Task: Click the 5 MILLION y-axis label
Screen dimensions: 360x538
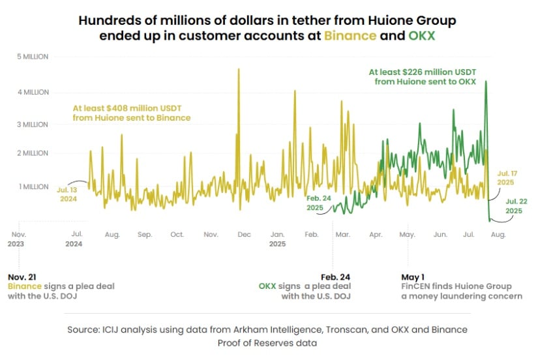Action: pyautogui.click(x=33, y=57)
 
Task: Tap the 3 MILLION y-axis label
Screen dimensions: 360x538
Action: pyautogui.click(x=33, y=124)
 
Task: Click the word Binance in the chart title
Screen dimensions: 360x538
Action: pyautogui.click(x=350, y=35)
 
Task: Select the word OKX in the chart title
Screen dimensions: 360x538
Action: pyautogui.click(x=422, y=35)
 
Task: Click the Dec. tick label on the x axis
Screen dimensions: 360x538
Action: pyautogui.click(x=245, y=233)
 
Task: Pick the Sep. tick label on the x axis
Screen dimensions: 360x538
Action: pyautogui.click(x=145, y=233)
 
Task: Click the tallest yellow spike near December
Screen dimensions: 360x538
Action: pyautogui.click(x=239, y=69)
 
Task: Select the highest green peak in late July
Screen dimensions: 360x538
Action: pyautogui.click(x=486, y=82)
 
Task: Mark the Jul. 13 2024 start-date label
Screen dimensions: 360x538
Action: pyautogui.click(x=68, y=194)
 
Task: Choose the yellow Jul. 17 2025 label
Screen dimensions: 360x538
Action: pyautogui.click(x=507, y=178)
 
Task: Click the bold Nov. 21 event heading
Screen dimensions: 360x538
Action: pyautogui.click(x=23, y=276)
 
